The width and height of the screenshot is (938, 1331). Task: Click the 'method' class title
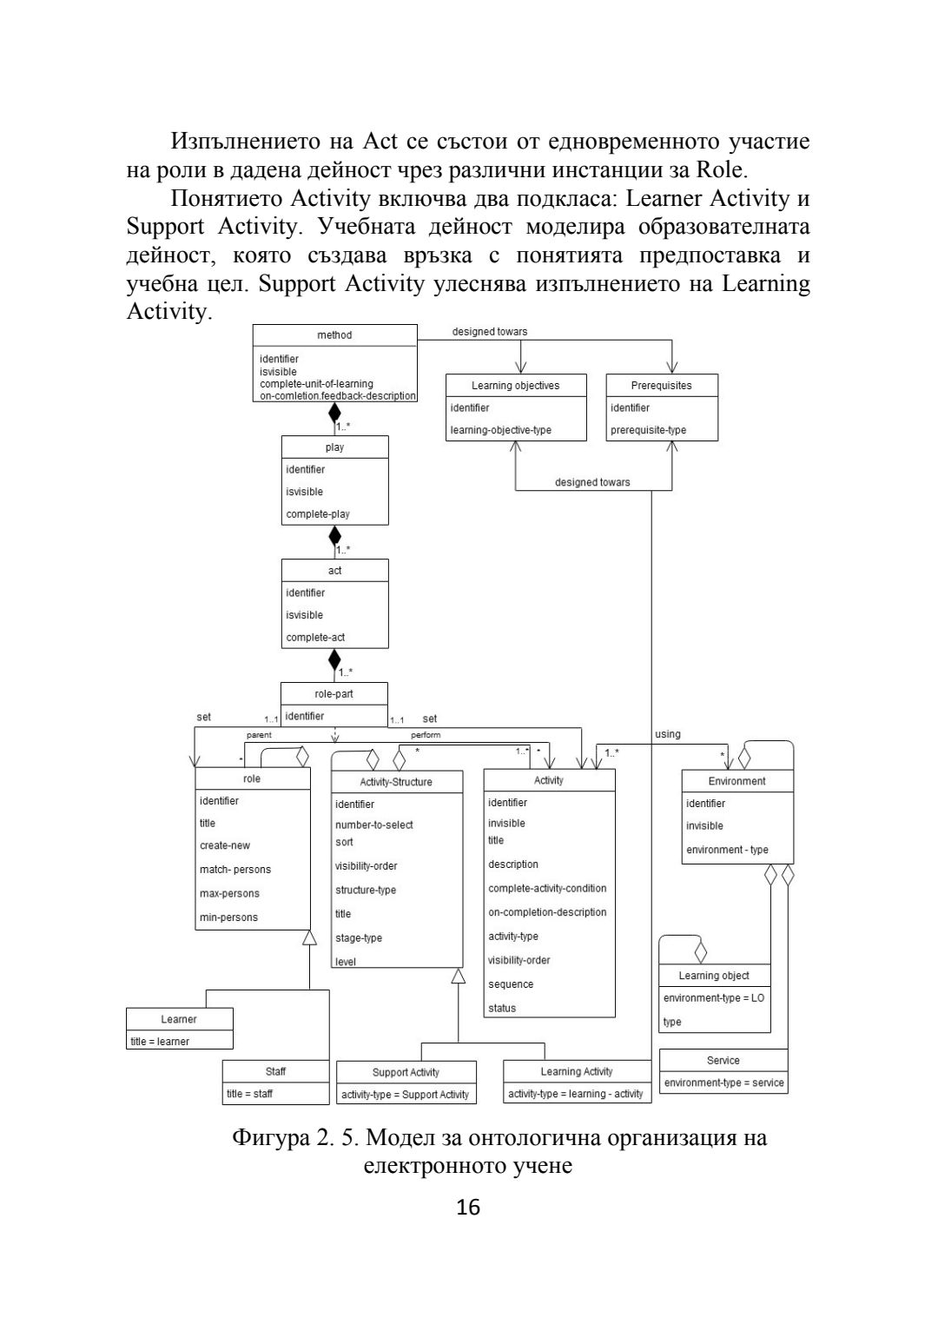pyautogui.click(x=334, y=335)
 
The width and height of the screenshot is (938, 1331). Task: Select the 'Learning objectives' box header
pyautogui.click(x=515, y=386)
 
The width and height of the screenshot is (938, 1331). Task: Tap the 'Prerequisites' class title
pyautogui.click(x=661, y=386)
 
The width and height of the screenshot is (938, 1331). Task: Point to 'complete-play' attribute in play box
pyautogui.click(x=318, y=514)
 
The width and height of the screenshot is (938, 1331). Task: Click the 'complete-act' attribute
pyautogui.click(x=315, y=638)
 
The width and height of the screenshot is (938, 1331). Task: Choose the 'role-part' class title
pyautogui.click(x=334, y=694)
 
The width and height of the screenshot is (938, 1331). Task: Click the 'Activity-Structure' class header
pyautogui.click(x=396, y=782)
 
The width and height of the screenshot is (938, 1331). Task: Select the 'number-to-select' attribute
pyautogui.click(x=374, y=825)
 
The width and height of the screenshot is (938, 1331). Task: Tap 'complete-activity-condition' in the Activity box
pyautogui.click(x=547, y=889)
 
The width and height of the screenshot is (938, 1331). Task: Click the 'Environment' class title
pyautogui.click(x=737, y=781)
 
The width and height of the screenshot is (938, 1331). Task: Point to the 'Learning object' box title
pyautogui.click(x=714, y=976)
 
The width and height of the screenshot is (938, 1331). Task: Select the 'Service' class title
pyautogui.click(x=723, y=1061)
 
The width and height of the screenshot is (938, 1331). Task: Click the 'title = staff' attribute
pyautogui.click(x=250, y=1094)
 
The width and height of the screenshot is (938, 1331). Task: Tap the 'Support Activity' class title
pyautogui.click(x=406, y=1072)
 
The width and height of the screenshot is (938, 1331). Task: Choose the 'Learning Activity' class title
pyautogui.click(x=576, y=1072)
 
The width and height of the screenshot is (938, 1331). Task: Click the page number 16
pyautogui.click(x=468, y=1208)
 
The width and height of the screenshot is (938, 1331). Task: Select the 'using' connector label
pyautogui.click(x=667, y=735)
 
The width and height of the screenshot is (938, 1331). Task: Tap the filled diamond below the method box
pyautogui.click(x=334, y=412)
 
